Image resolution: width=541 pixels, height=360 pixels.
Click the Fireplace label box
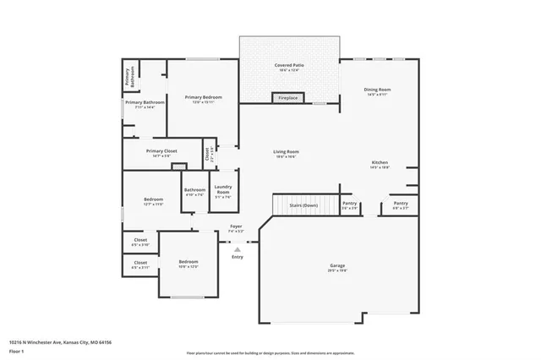(x=288, y=98)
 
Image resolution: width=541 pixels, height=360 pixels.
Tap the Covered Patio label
(x=289, y=65)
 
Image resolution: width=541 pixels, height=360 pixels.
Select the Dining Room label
(x=377, y=89)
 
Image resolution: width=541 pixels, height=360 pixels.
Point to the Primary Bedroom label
(x=203, y=97)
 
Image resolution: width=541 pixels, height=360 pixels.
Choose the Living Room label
(x=286, y=152)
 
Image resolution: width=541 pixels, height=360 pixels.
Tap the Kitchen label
(x=380, y=162)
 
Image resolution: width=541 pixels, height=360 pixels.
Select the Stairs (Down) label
(x=303, y=205)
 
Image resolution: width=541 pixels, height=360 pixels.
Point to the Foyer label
(x=237, y=226)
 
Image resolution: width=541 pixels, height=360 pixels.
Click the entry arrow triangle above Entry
(x=238, y=249)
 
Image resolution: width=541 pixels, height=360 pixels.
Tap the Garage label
(x=337, y=266)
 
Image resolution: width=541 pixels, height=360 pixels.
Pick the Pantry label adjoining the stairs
(x=349, y=203)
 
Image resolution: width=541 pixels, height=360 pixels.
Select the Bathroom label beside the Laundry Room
(x=195, y=189)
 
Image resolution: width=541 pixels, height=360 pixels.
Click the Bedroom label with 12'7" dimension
(x=153, y=199)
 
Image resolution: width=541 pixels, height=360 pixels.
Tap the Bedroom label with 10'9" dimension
(x=188, y=262)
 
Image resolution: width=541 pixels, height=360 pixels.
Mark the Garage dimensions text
(x=337, y=271)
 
